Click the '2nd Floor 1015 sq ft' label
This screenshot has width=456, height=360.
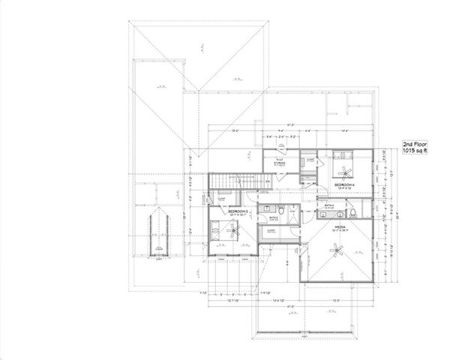click(414, 146)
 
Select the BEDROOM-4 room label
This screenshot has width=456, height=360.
click(344, 184)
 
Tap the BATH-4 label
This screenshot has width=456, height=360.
click(329, 204)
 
